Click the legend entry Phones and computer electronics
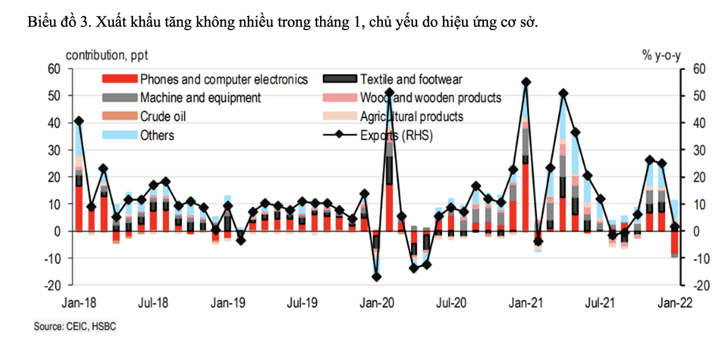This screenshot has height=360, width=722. [x=223, y=79]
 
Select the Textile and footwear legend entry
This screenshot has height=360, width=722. [x=411, y=79]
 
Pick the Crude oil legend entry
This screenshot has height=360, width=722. [x=163, y=116]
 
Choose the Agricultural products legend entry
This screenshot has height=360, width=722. [x=412, y=116]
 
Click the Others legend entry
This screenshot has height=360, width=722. [x=156, y=135]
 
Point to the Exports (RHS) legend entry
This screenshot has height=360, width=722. [x=396, y=135]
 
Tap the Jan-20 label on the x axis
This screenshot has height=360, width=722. [x=377, y=302]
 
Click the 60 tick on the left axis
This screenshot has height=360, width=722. [x=55, y=69]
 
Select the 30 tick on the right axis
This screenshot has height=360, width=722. [x=697, y=150]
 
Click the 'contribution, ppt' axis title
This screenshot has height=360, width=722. [x=106, y=55]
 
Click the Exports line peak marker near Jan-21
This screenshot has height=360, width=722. [x=526, y=82]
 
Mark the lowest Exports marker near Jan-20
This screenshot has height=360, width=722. [x=377, y=277]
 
